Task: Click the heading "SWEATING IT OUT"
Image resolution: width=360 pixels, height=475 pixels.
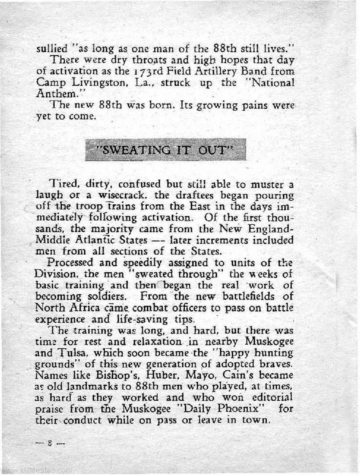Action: [166, 150]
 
